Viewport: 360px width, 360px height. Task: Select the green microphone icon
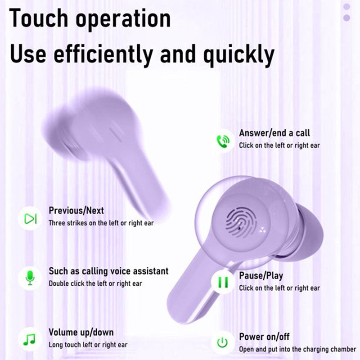click(30, 278)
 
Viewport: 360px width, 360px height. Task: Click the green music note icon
click(29, 338)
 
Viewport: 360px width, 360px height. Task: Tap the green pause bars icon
click(223, 283)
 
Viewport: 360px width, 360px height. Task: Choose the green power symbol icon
click(222, 343)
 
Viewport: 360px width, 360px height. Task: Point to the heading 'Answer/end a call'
click(274, 133)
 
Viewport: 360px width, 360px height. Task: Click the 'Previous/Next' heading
click(76, 211)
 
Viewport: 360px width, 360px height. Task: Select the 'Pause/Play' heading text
click(261, 275)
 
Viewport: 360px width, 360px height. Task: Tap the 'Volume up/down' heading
click(81, 333)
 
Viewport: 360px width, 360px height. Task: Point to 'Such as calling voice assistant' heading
click(108, 271)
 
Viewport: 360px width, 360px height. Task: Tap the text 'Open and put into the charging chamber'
click(297, 349)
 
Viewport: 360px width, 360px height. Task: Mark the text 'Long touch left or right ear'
click(88, 345)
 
